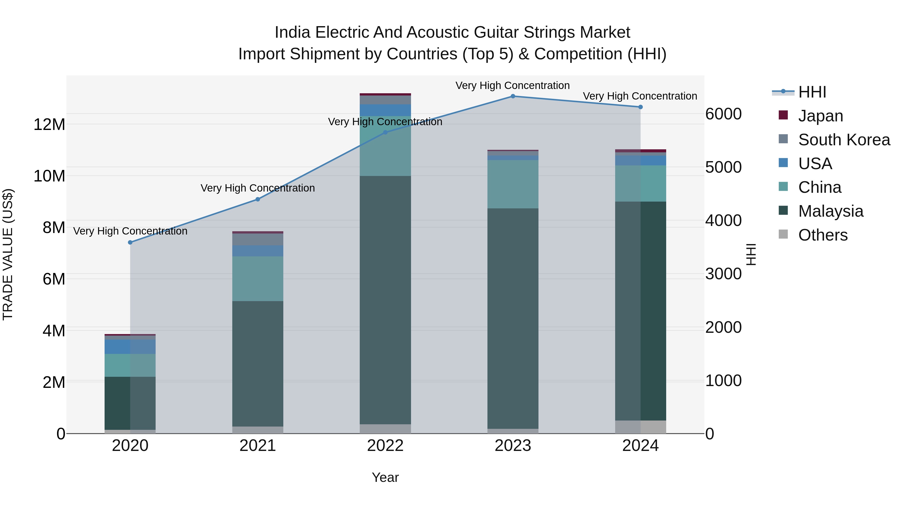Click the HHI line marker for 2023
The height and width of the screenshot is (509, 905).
click(513, 96)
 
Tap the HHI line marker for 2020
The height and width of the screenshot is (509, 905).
click(130, 242)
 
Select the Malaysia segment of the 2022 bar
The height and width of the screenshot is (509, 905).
click(385, 300)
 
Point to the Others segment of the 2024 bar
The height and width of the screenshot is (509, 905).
click(641, 427)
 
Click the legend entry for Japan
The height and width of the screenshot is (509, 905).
click(820, 116)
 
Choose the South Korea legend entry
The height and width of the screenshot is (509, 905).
click(844, 140)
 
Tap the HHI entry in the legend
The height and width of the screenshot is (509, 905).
click(812, 92)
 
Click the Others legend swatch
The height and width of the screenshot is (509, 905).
click(783, 234)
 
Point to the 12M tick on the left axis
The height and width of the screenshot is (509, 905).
click(49, 125)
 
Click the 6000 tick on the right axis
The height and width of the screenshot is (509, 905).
click(723, 114)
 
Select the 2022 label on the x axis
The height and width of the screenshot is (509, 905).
click(385, 446)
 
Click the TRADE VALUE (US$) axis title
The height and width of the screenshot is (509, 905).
click(8, 255)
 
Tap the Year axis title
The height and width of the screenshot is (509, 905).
click(385, 477)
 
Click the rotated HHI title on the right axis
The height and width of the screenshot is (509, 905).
click(751, 255)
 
